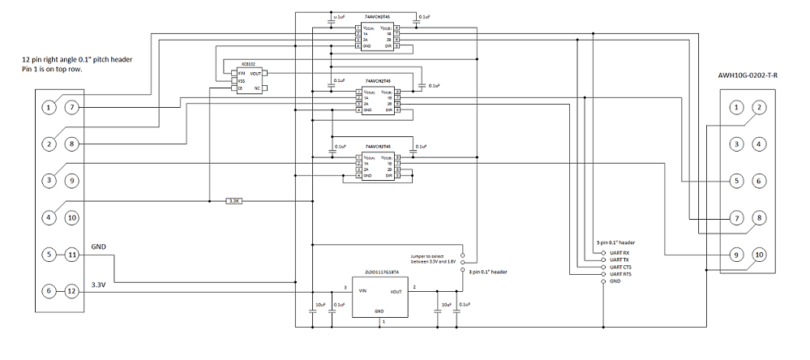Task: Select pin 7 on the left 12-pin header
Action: click(71, 107)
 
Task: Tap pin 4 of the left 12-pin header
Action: click(49, 217)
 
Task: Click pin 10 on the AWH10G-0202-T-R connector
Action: click(759, 255)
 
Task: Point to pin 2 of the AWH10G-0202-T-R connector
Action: click(759, 107)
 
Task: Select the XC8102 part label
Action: click(249, 63)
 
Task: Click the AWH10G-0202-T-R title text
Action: click(747, 75)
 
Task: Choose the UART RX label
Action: click(620, 252)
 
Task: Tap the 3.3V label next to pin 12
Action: click(100, 285)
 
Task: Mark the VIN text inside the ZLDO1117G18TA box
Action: click(363, 289)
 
